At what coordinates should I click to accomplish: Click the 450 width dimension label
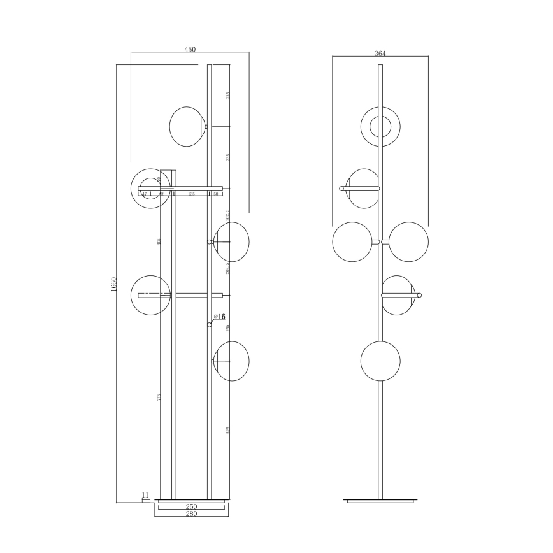click(x=190, y=49)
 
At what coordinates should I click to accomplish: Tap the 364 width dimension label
click(x=380, y=54)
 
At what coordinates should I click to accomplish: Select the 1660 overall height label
click(x=113, y=284)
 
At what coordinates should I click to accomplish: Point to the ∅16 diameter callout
click(x=220, y=317)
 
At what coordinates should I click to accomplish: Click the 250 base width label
click(x=191, y=506)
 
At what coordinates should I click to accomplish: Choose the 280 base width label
click(x=191, y=514)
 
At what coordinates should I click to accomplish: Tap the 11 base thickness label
click(x=145, y=494)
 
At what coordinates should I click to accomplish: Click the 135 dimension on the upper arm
click(x=191, y=194)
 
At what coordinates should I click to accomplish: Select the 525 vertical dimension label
click(x=227, y=430)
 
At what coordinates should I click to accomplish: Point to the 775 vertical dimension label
click(x=159, y=398)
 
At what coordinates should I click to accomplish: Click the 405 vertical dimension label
click(x=159, y=241)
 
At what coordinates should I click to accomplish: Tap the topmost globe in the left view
click(x=187, y=126)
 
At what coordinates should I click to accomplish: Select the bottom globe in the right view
click(x=380, y=361)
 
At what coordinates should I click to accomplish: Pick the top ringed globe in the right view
click(x=380, y=126)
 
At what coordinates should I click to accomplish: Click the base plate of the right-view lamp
click(x=380, y=501)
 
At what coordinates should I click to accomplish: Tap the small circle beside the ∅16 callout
click(x=209, y=324)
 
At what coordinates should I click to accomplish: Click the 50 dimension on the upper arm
click(x=216, y=194)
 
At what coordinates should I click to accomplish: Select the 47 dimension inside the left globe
click(x=144, y=194)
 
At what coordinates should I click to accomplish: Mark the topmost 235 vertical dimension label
click(x=227, y=96)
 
